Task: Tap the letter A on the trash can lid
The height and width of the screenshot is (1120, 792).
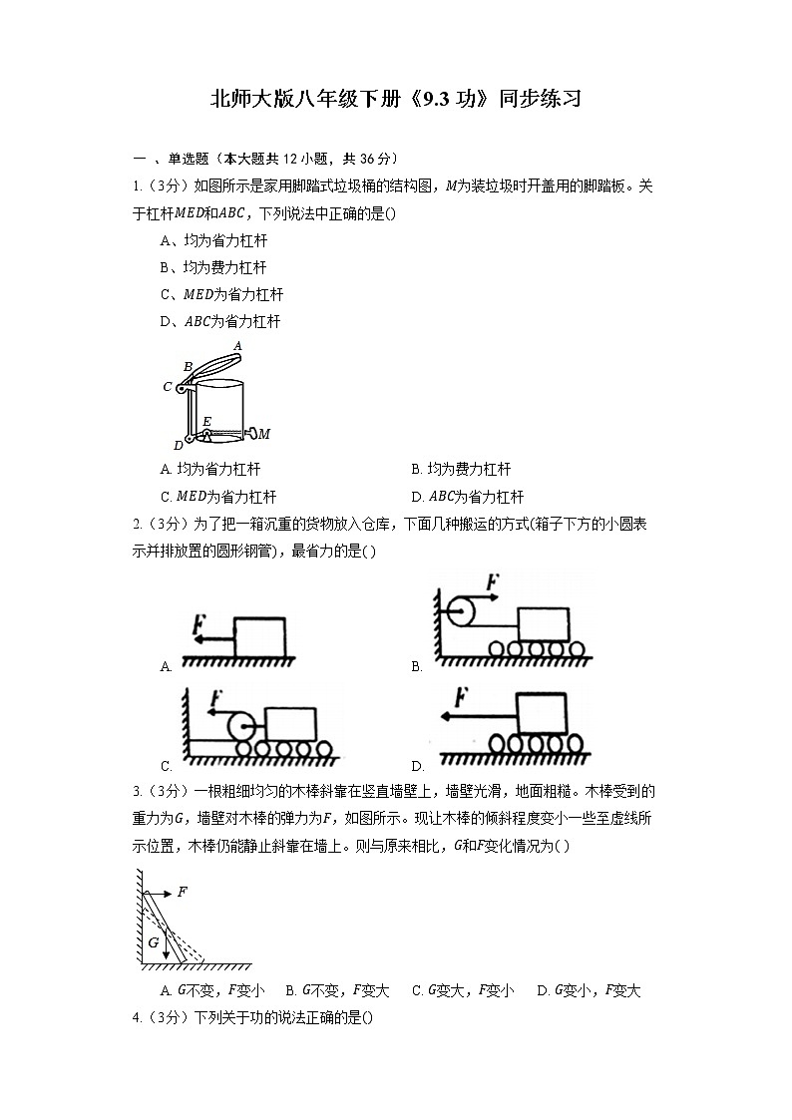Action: point(236,345)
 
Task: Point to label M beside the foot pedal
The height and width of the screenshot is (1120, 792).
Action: point(265,434)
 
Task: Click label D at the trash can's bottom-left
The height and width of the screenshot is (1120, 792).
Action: point(178,445)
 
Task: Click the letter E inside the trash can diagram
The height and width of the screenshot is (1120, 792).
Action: point(206,421)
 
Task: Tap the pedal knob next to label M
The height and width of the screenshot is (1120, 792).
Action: point(251,434)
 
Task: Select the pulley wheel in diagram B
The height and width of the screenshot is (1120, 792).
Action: point(463,610)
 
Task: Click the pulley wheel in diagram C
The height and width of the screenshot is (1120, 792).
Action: point(240,725)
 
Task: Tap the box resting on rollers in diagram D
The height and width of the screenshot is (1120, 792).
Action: point(541,713)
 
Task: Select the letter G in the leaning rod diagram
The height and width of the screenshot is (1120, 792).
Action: point(154,940)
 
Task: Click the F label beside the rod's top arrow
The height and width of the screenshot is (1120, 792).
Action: point(183,892)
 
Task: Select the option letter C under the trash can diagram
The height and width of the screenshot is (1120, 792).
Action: point(165,497)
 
